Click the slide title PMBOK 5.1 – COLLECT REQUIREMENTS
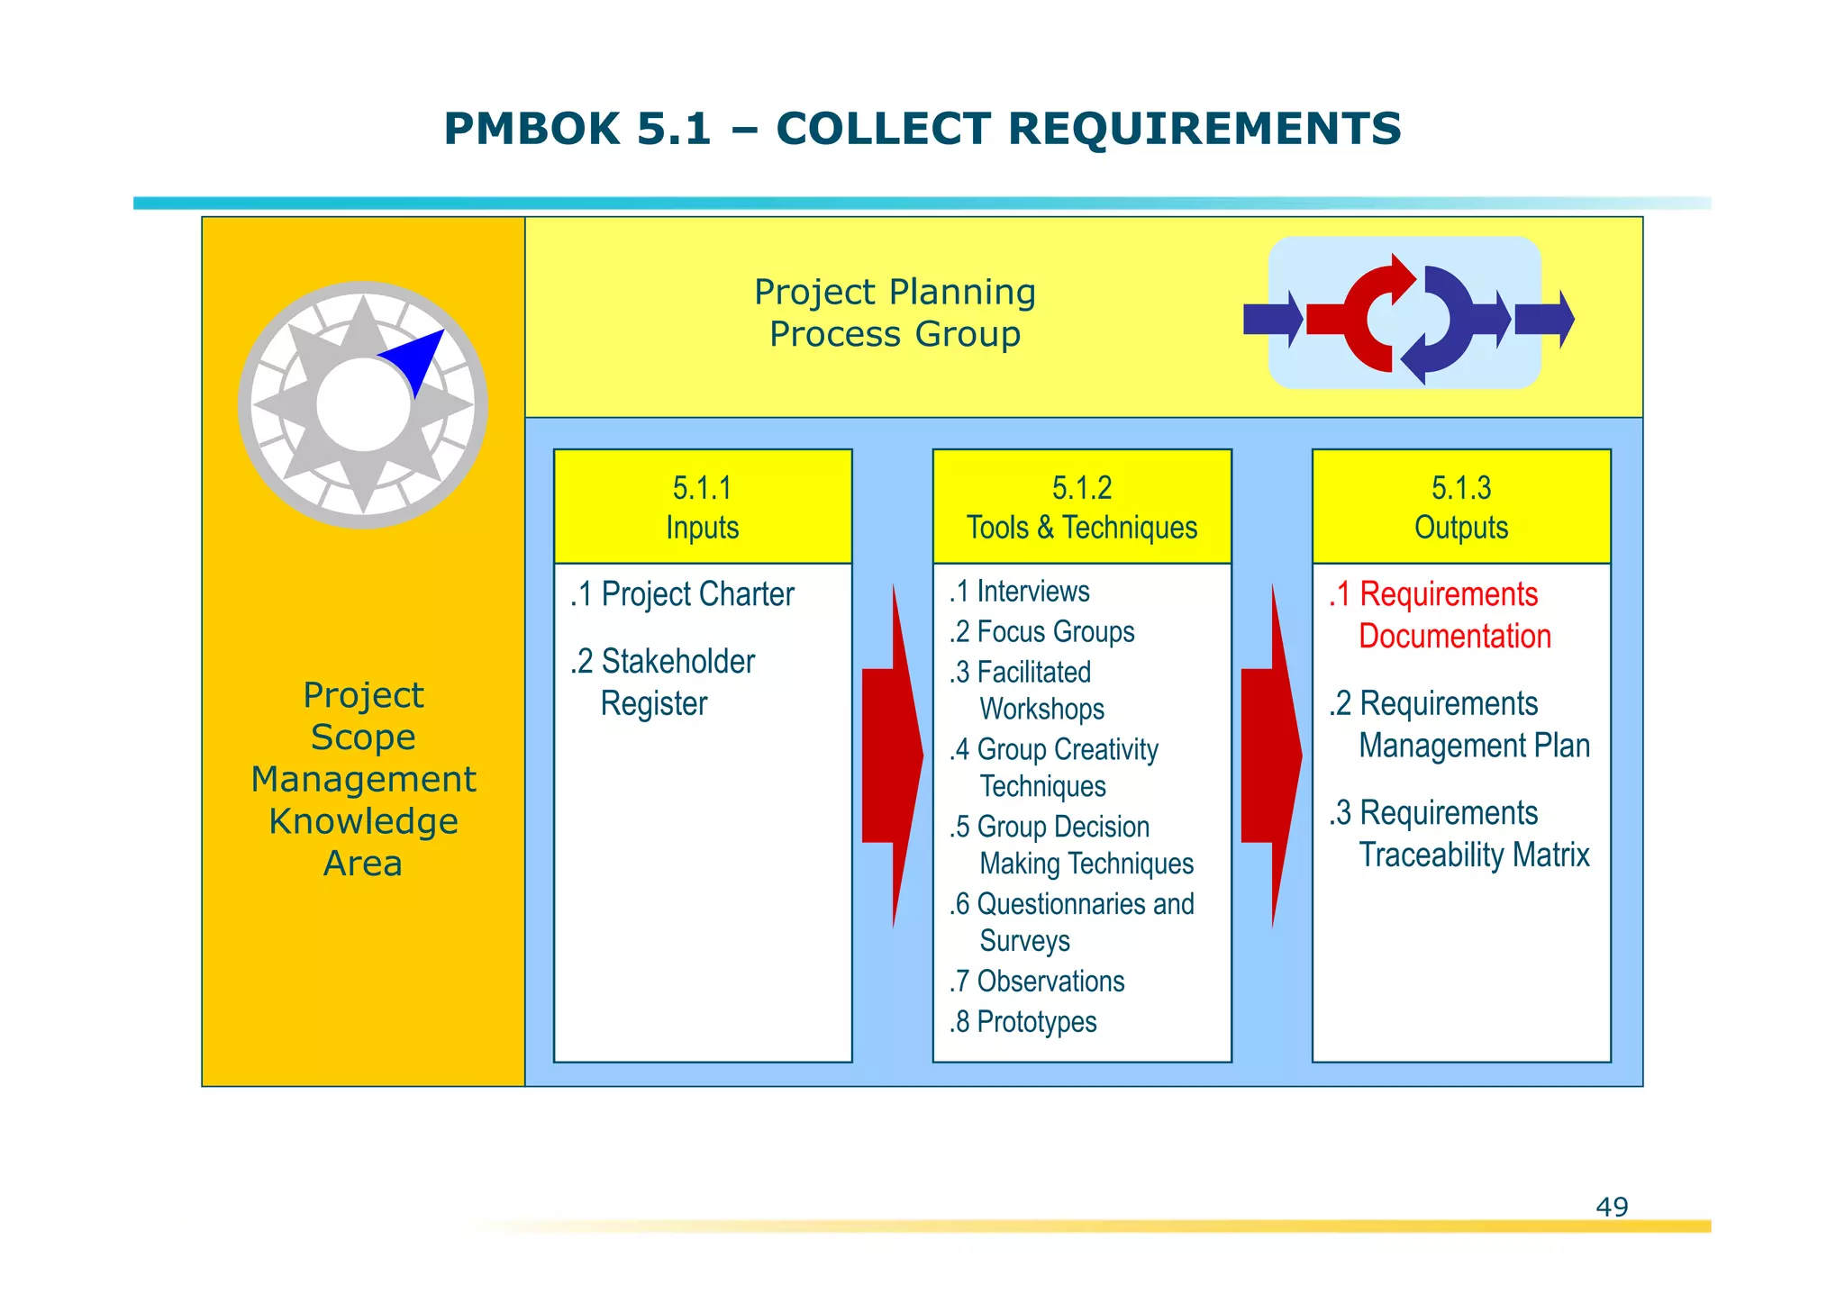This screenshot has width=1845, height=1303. tap(922, 129)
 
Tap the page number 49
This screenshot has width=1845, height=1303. tap(1611, 1206)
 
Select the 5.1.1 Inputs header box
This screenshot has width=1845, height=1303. tap(703, 507)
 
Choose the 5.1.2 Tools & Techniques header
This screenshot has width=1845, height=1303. tap(1082, 507)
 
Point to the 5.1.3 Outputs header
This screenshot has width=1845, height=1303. tap(1460, 507)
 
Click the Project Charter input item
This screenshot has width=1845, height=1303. tap(683, 594)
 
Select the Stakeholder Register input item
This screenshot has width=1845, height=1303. tap(664, 682)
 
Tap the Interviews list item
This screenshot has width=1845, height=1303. tap(1020, 592)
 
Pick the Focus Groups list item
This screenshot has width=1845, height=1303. tap(1042, 632)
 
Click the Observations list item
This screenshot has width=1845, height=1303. tap(1037, 981)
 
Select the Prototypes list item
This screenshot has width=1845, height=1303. tap(1023, 1021)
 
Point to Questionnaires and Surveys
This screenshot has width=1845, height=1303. tap(1072, 921)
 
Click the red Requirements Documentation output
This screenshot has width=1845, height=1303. tap(1441, 615)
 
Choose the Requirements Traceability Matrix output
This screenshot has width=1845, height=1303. tap(1460, 834)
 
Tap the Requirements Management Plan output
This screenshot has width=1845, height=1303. tap(1460, 724)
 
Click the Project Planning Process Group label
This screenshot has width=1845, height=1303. tap(895, 312)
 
